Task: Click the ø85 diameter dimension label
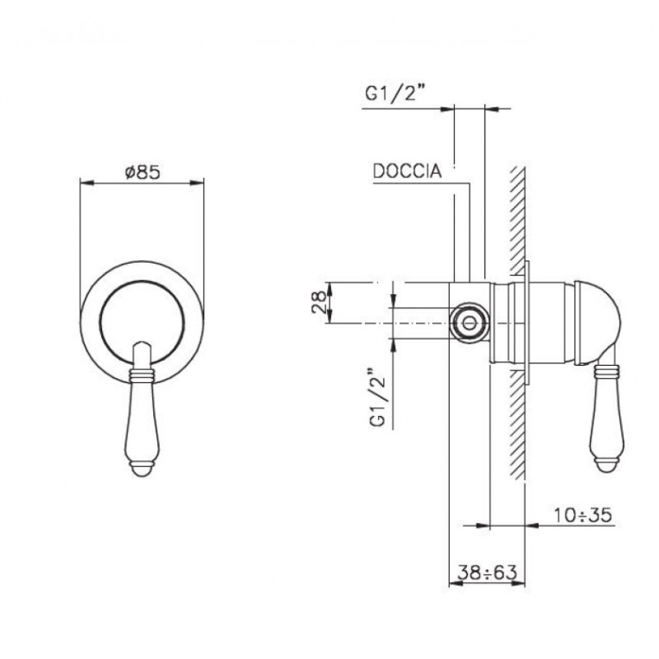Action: point(143,172)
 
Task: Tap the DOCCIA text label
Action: point(407,171)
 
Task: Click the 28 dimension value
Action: point(319,302)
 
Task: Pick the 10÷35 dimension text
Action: point(583,515)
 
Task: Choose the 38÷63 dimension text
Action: point(487,572)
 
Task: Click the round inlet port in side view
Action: point(469,323)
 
